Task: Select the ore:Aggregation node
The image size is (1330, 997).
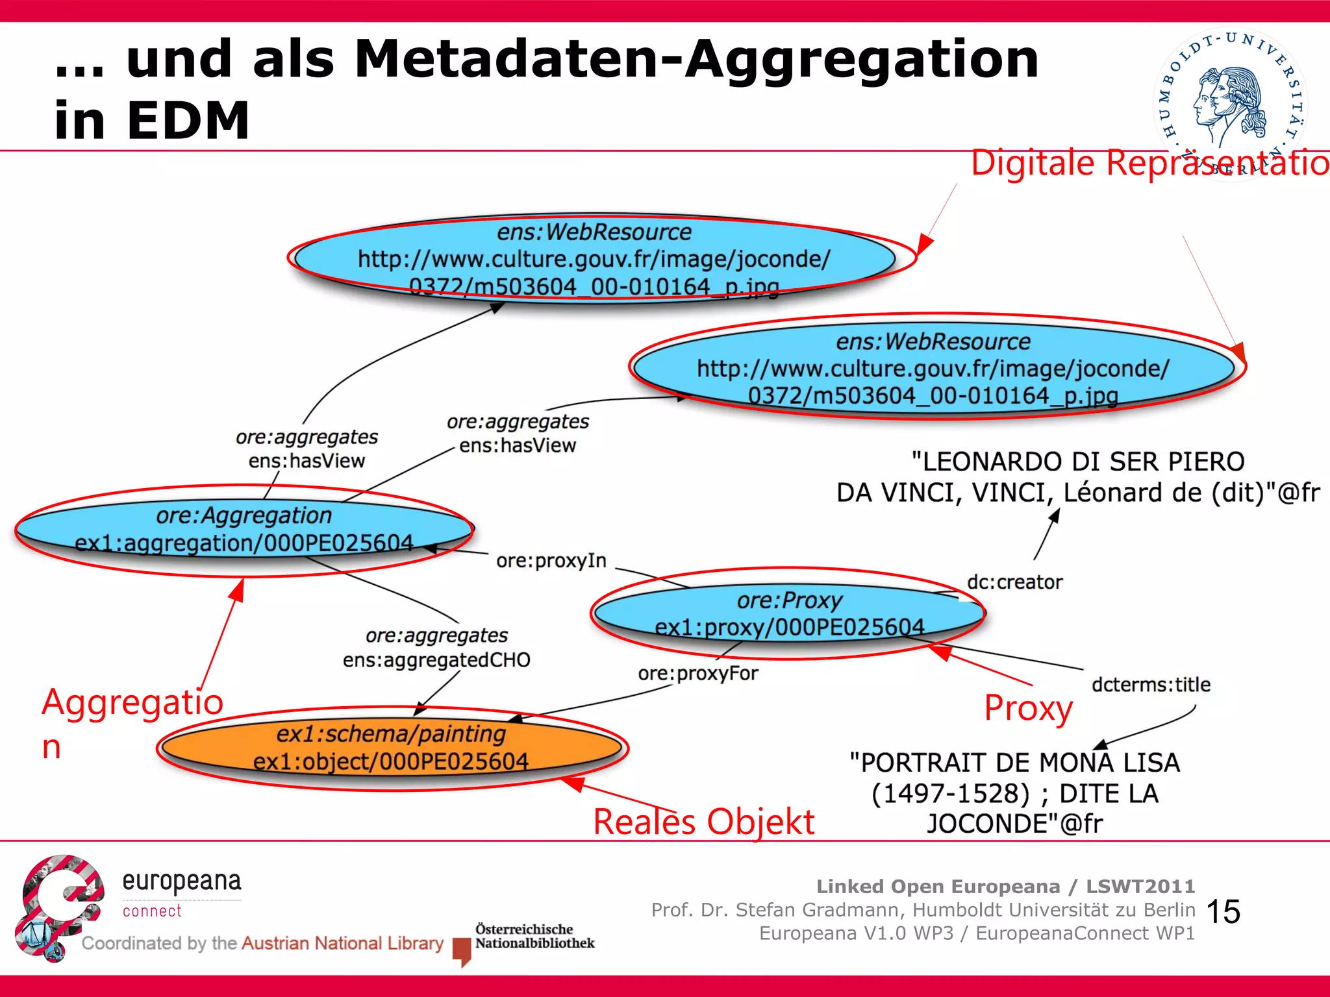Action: tap(244, 530)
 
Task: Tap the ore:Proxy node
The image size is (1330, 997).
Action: tap(789, 613)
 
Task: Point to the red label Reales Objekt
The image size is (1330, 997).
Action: tap(703, 822)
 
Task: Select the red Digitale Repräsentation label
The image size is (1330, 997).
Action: tap(1149, 162)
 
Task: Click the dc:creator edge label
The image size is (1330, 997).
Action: tap(1014, 582)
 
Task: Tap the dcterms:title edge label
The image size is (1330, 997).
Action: tap(1151, 685)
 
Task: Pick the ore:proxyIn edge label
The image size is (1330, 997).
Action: tap(551, 561)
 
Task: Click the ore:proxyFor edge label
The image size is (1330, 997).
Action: tap(697, 674)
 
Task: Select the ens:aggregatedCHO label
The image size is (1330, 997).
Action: tap(436, 660)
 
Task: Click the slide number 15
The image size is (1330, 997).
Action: tap(1223, 911)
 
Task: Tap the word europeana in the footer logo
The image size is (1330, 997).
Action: tap(182, 881)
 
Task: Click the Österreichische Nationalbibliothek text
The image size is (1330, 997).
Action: tap(534, 936)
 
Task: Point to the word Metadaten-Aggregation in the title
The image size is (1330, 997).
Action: tap(696, 60)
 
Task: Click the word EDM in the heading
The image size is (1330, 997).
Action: tap(188, 121)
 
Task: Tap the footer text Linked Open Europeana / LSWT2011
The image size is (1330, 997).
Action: tap(1005, 886)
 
